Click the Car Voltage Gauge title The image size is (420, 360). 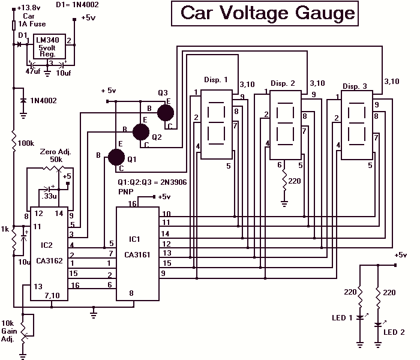(268, 13)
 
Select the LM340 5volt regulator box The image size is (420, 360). (49, 46)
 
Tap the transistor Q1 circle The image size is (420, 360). (116, 157)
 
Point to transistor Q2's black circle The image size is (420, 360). (141, 132)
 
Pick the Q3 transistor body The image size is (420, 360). (165, 113)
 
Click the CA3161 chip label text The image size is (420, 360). (137, 255)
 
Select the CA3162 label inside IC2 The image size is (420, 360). (49, 260)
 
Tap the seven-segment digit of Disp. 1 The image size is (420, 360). (216, 123)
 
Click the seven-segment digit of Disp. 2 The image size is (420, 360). (285, 123)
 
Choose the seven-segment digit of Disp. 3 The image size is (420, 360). (356, 123)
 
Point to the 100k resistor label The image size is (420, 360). (26, 143)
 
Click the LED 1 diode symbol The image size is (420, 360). (360, 317)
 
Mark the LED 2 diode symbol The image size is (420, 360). (378, 325)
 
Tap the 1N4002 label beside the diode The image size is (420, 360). (43, 101)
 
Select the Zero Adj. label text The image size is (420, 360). (55, 152)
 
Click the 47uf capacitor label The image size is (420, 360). (33, 71)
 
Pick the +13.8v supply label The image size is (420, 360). (29, 8)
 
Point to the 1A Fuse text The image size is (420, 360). (32, 24)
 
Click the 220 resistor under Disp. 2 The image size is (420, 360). (284, 181)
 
